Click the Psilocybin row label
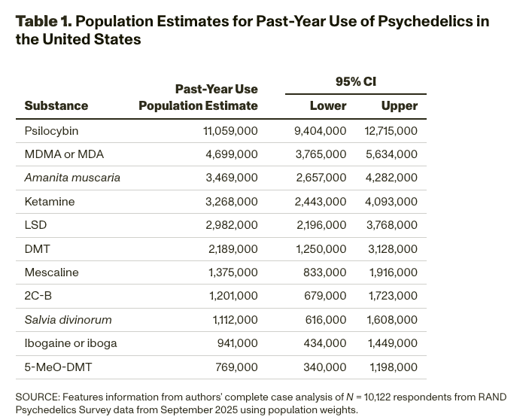[51, 131]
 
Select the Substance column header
[56, 106]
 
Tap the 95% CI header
[355, 81]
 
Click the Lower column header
[328, 106]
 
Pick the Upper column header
[399, 106]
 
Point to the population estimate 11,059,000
[230, 131]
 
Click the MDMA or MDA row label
[64, 154]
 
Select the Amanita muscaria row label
[72, 178]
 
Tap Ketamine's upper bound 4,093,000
[391, 202]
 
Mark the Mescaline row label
[51, 272]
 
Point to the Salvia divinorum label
[68, 320]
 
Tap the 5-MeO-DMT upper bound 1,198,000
[393, 367]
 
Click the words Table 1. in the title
[43, 21]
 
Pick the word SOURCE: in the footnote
[37, 397]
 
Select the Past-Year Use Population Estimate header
[198, 98]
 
